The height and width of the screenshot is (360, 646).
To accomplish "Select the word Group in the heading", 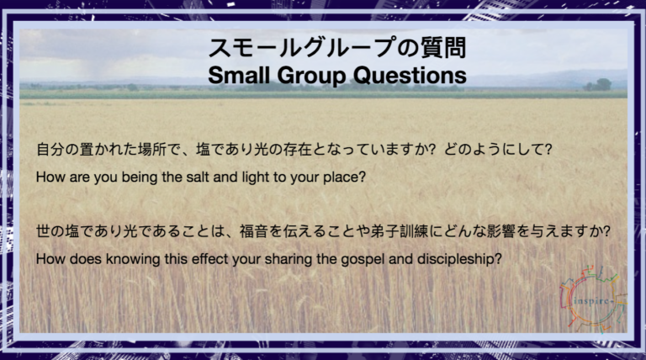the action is [312, 77].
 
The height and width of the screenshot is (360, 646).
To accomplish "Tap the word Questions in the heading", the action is [410, 76].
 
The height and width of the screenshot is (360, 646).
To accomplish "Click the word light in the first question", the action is [256, 177].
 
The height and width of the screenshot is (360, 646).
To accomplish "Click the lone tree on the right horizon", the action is [598, 84].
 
